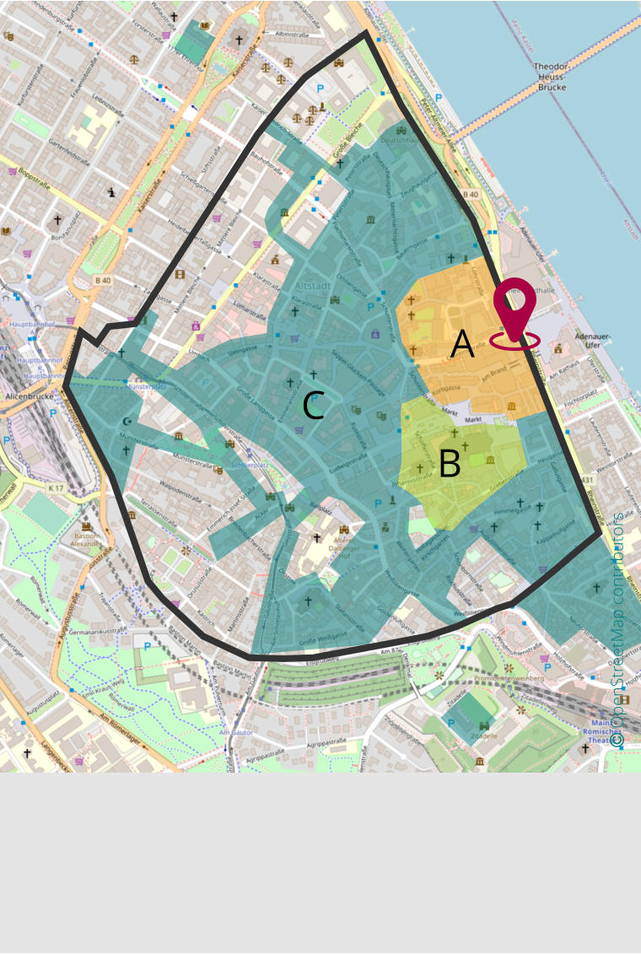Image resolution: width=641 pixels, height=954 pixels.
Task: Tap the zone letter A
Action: (462, 344)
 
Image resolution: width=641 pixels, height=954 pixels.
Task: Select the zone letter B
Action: (450, 464)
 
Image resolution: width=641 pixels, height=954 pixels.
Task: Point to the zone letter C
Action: (313, 407)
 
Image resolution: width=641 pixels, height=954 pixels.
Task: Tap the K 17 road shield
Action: (56, 488)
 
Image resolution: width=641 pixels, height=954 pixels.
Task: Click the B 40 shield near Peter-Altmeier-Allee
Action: (470, 196)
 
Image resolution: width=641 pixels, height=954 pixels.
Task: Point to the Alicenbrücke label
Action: (29, 395)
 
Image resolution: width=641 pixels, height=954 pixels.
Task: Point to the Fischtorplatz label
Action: (579, 392)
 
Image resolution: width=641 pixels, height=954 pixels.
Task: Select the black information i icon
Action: (113, 192)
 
